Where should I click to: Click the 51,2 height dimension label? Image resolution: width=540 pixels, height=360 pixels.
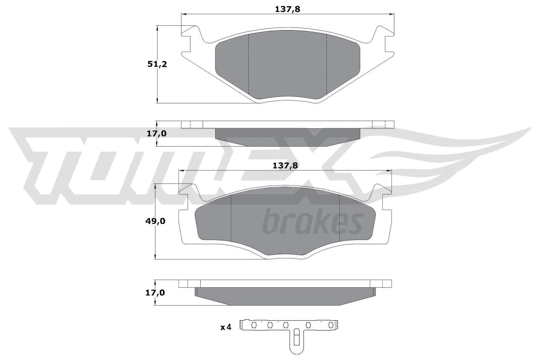tap(157, 64)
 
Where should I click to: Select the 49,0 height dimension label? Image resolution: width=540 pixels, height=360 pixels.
tap(156, 221)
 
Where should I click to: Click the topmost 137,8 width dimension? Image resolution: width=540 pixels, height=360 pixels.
tap(287, 9)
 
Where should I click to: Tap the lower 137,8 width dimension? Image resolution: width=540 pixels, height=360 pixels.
tap(285, 165)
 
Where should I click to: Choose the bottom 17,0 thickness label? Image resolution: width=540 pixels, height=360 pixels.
tap(155, 293)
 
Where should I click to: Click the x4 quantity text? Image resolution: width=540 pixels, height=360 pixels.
tap(226, 327)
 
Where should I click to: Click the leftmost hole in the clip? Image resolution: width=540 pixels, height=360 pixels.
tap(254, 325)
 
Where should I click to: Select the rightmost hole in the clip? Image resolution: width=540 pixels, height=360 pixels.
tap(331, 325)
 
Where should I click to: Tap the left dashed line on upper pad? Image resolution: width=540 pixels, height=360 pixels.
tap(249, 64)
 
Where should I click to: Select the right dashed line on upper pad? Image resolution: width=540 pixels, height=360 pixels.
tap(327, 64)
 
